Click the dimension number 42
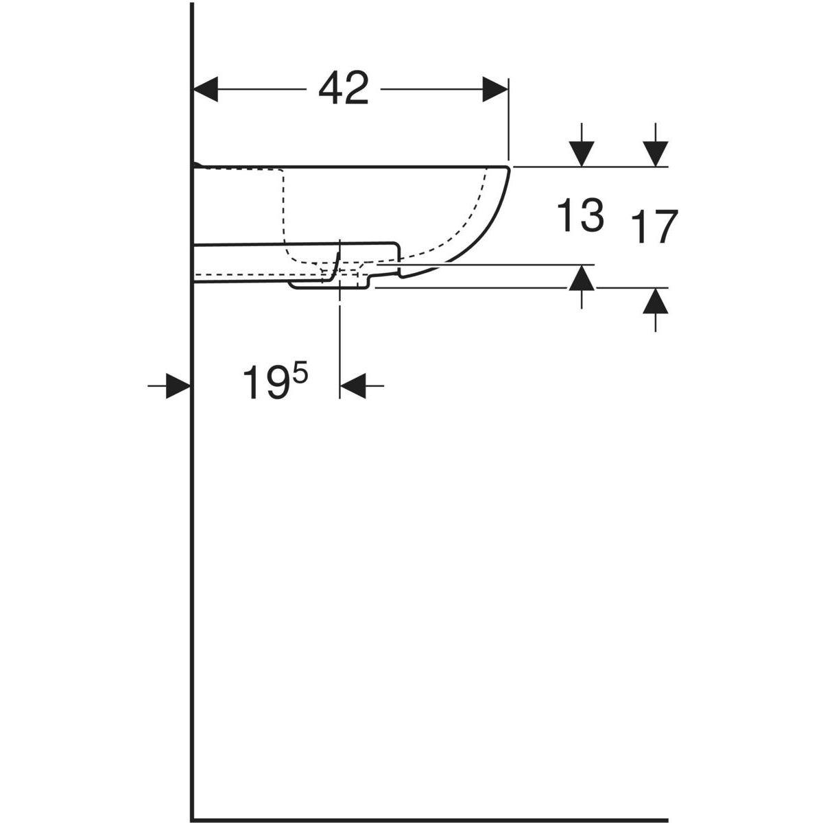[344, 88]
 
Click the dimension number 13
[580, 215]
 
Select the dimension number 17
[654, 226]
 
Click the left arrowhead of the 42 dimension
[206, 89]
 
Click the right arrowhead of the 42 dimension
[495, 89]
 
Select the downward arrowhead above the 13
[582, 154]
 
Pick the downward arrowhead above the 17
[656, 154]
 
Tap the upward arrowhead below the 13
[582, 278]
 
